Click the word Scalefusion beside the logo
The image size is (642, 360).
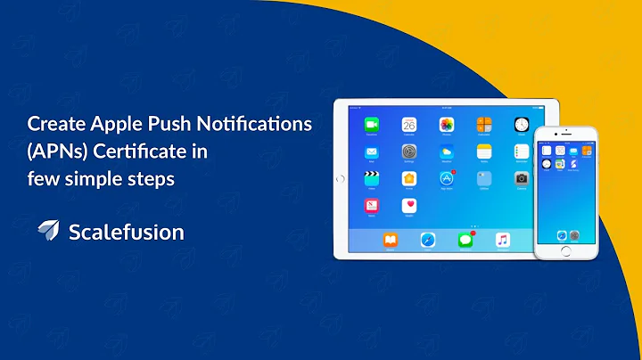pyautogui.click(x=126, y=233)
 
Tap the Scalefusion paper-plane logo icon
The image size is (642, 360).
pyautogui.click(x=48, y=231)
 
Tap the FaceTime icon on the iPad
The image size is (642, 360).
pyautogui.click(x=371, y=125)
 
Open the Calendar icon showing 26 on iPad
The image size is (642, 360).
pyautogui.click(x=409, y=125)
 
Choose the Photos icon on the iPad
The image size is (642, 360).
pyautogui.click(x=447, y=125)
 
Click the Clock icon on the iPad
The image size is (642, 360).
pyautogui.click(x=522, y=125)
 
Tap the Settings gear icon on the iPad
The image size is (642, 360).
pyautogui.click(x=409, y=151)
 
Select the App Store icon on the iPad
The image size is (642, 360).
pyautogui.click(x=447, y=178)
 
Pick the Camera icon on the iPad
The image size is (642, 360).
pyautogui.click(x=522, y=178)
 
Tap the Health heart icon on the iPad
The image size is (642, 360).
pyautogui.click(x=409, y=205)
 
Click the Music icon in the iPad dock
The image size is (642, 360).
pyautogui.click(x=502, y=240)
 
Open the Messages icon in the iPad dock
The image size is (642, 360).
pyautogui.click(x=465, y=240)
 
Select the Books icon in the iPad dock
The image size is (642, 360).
pyautogui.click(x=390, y=240)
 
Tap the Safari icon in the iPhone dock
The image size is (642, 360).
pyautogui.click(x=561, y=235)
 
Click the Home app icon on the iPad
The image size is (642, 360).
pyautogui.click(x=409, y=178)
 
